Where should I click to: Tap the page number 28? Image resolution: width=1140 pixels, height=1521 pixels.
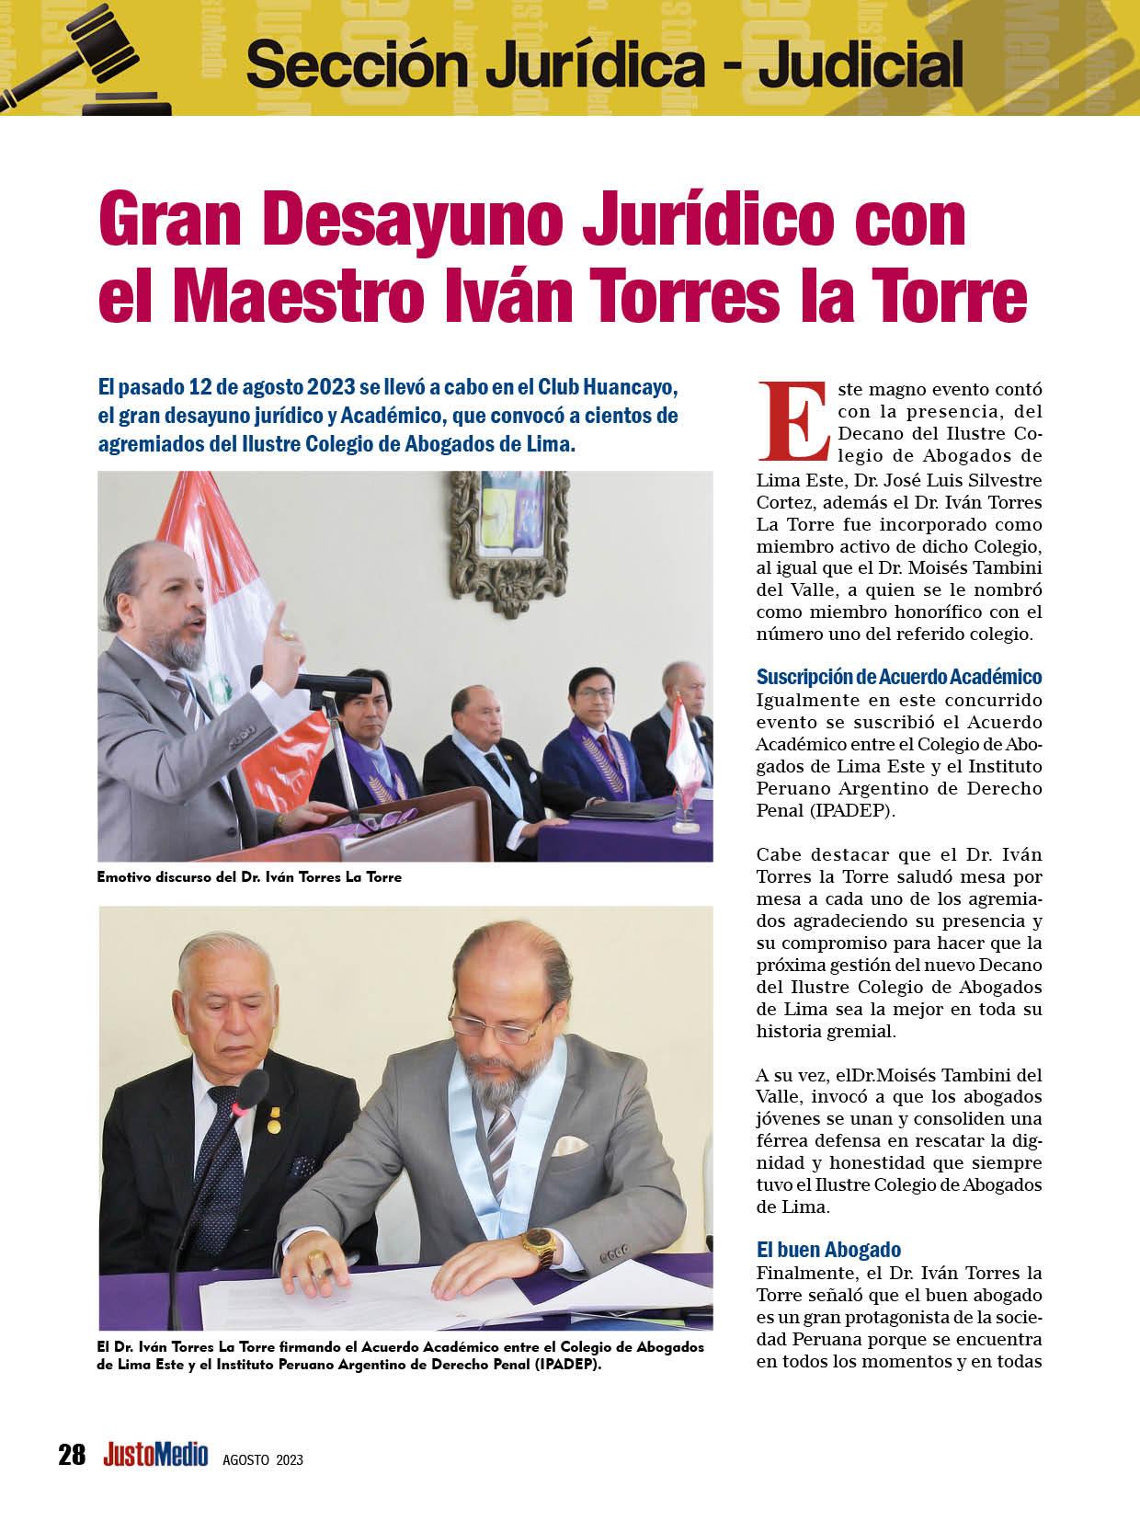click(x=72, y=1456)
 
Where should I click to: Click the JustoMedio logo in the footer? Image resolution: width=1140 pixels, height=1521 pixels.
click(x=155, y=1456)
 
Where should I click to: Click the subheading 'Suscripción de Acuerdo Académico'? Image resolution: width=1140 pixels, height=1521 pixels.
click(x=898, y=677)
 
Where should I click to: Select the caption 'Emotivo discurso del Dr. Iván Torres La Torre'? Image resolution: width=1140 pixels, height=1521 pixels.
click(x=249, y=877)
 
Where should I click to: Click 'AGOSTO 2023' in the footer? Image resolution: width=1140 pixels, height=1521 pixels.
click(x=263, y=1459)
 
